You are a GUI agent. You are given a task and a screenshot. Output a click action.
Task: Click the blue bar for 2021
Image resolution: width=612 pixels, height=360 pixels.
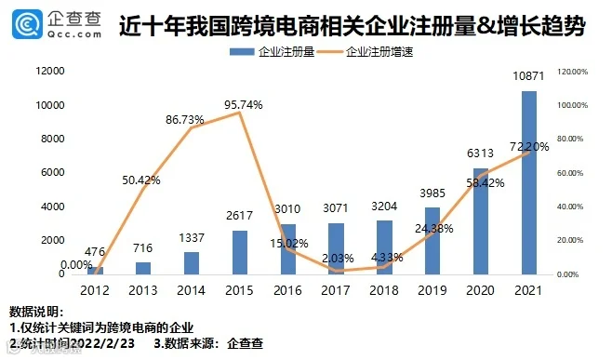pos(529,182)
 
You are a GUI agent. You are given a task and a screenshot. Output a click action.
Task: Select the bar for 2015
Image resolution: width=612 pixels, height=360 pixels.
pos(240,252)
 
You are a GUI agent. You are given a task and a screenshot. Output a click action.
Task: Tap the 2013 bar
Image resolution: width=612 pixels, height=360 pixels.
pos(143,268)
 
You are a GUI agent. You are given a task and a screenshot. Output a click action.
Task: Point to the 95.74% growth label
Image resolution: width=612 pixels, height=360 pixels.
pos(243,105)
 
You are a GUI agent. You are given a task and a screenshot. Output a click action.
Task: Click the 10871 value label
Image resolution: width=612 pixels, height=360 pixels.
pos(528,76)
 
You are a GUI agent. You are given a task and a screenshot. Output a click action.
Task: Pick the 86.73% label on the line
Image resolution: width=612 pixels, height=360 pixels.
pos(184,120)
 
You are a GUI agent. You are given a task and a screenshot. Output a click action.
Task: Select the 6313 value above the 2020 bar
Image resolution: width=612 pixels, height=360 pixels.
pos(480,153)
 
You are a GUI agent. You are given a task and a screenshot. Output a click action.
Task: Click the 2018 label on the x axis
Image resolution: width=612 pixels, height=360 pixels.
pos(384,290)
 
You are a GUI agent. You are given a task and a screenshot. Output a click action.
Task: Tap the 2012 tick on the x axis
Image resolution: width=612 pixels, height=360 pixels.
pos(95,290)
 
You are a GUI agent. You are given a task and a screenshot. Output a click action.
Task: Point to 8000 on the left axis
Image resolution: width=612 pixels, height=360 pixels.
pos(53,139)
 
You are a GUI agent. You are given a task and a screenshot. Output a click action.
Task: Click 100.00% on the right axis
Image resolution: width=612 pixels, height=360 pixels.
pos(572,105)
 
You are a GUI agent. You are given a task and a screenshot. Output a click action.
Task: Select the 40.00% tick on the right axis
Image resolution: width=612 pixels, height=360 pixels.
pos(570,207)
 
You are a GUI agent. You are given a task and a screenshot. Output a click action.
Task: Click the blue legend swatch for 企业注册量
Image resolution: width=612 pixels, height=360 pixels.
pos(242,52)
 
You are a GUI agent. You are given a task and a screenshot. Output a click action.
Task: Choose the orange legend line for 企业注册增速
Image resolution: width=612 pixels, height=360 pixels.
pos(330,52)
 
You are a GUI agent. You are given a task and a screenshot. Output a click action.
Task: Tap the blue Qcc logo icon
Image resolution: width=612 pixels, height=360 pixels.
pos(27,24)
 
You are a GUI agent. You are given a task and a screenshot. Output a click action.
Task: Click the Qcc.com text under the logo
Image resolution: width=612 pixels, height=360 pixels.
pos(74,34)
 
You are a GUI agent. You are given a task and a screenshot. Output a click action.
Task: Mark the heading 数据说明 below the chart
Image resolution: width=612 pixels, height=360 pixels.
pos(35,312)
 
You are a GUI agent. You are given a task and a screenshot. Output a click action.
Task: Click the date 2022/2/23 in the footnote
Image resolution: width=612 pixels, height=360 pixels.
pos(103,343)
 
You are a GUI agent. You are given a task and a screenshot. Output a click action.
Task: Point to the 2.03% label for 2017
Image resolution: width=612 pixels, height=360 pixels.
pos(338,259)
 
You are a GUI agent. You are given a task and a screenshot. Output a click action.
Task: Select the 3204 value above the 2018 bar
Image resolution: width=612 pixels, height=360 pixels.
pos(384,207)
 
